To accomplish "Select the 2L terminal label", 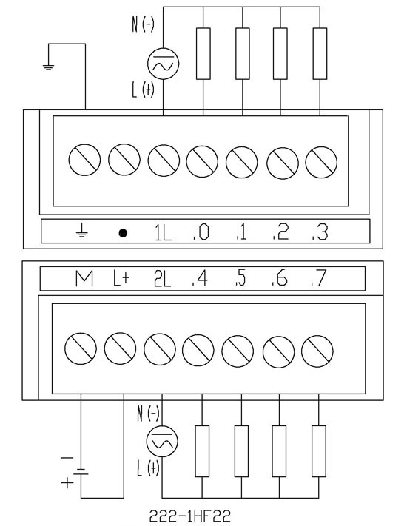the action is (162, 279).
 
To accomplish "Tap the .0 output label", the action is (201, 232).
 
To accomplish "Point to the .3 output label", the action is (320, 232).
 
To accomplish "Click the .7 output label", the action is (318, 278).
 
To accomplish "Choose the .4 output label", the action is (200, 278).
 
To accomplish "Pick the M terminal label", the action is (84, 279).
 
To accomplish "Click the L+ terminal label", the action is (121, 278).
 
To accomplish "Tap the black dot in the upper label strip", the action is (123, 233).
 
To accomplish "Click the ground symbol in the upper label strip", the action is (82, 231).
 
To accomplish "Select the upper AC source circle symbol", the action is (163, 64).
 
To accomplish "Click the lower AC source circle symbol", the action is (162, 442).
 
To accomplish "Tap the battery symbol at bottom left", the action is (81, 472).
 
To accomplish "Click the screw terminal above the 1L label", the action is (164, 161).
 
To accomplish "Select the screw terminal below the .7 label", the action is (317, 351).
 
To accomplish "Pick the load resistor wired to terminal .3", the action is (320, 54).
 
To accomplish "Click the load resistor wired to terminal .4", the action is (202, 451).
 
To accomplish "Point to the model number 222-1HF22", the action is (190, 516).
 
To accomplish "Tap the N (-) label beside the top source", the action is (144, 24).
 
